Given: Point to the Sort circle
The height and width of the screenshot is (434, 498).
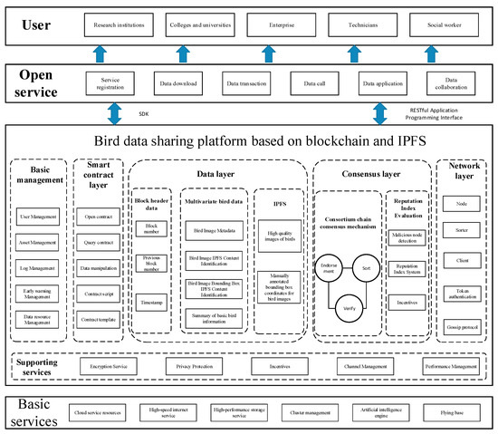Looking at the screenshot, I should [367, 269].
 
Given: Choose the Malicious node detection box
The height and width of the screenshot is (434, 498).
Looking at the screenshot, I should [407, 236].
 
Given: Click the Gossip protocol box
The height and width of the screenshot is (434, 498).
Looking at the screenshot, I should [462, 325].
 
